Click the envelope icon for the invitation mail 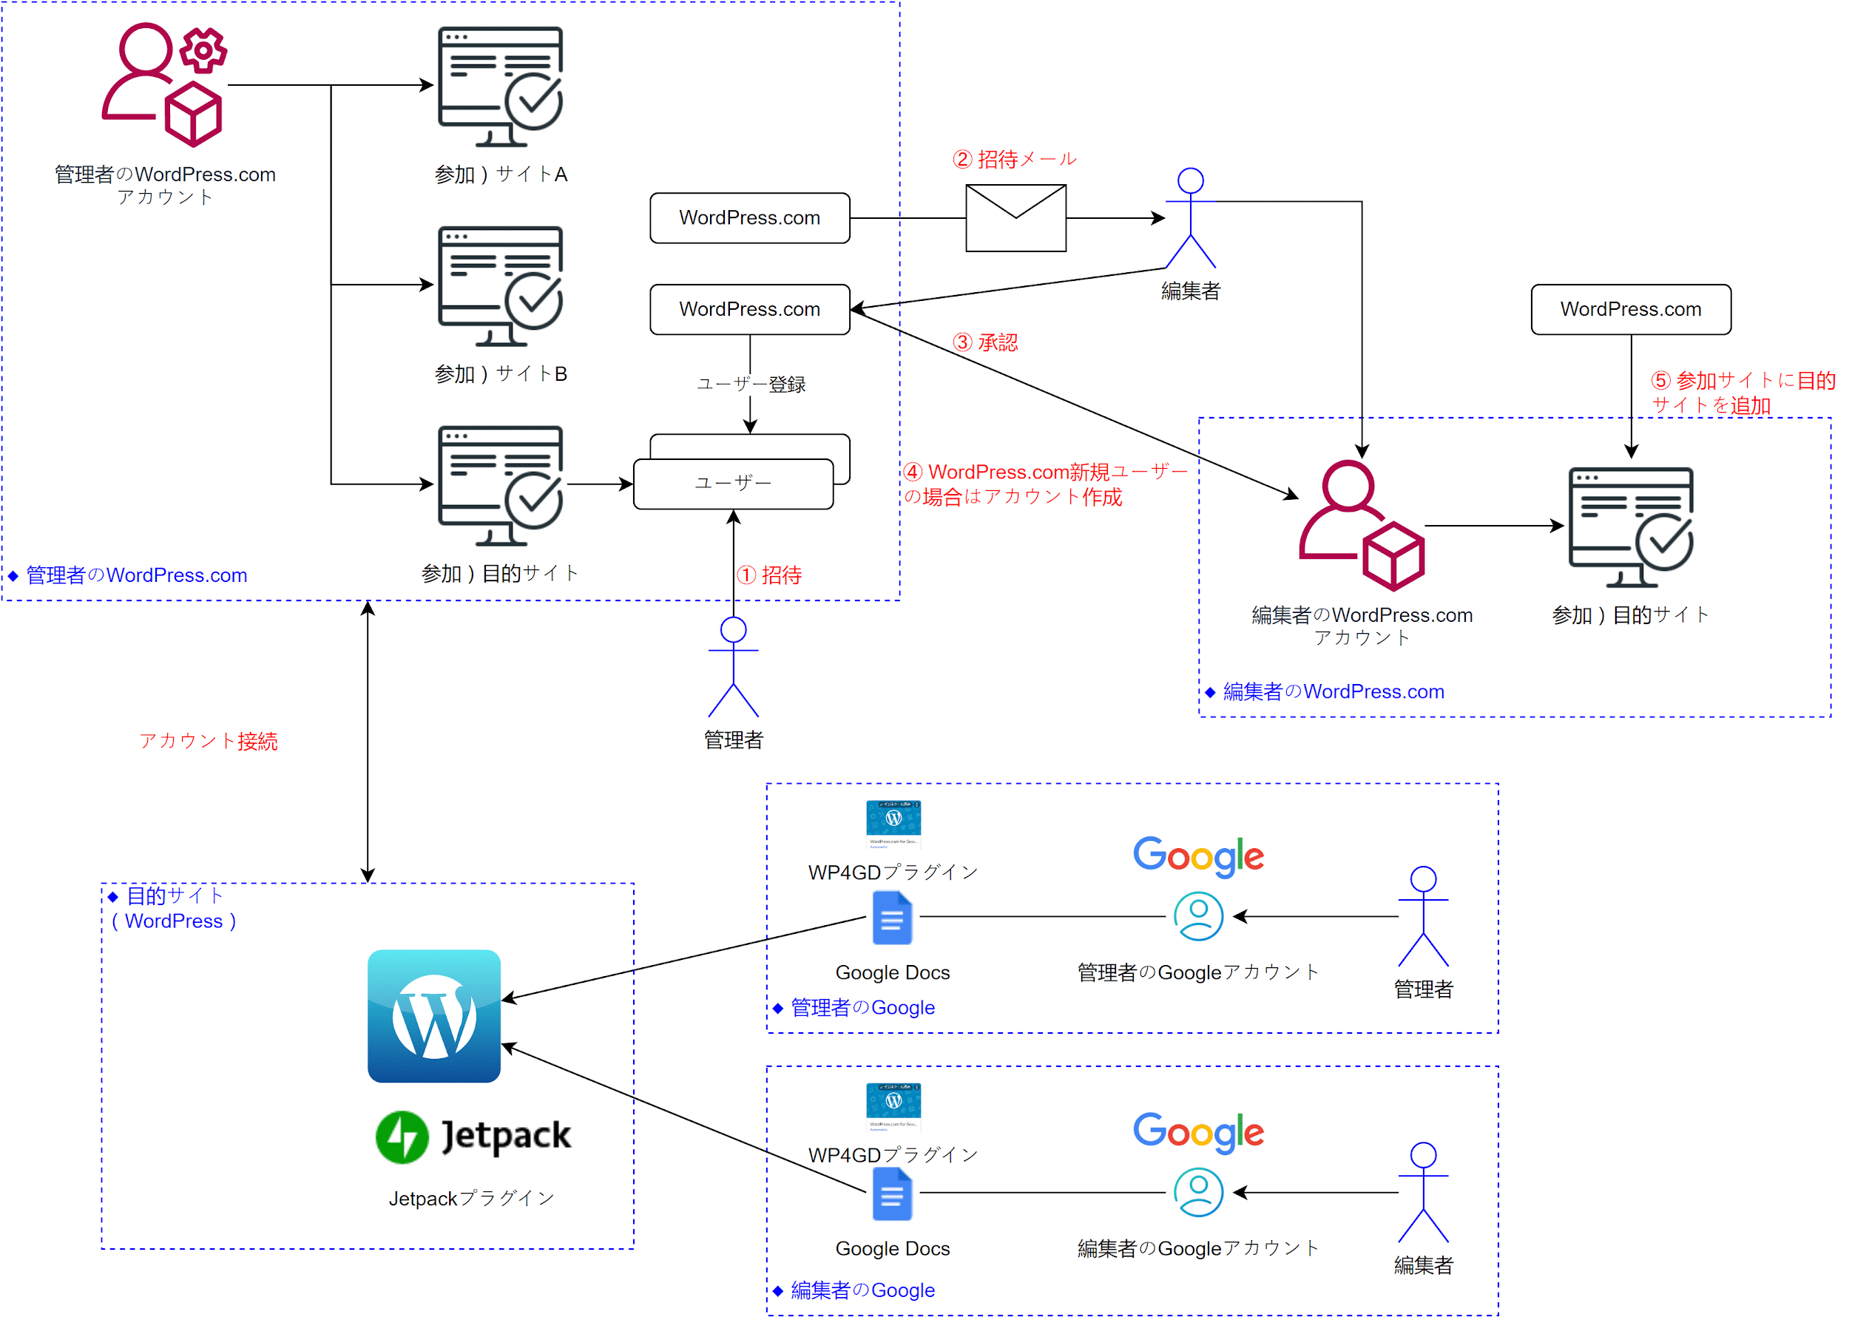(x=1015, y=217)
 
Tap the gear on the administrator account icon (x=203, y=50)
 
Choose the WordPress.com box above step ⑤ (x=1630, y=309)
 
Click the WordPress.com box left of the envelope (x=749, y=217)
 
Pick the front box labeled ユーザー (x=733, y=484)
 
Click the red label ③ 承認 (x=985, y=342)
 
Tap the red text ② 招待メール (x=1015, y=159)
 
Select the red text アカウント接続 (x=209, y=740)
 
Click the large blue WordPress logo (x=434, y=1015)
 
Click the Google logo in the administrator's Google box (x=1198, y=856)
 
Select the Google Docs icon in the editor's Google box (x=892, y=1194)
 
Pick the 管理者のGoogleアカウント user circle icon (x=1198, y=915)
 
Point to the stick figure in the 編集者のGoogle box (x=1422, y=1192)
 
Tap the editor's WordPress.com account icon (x=1361, y=525)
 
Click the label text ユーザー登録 (x=750, y=385)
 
